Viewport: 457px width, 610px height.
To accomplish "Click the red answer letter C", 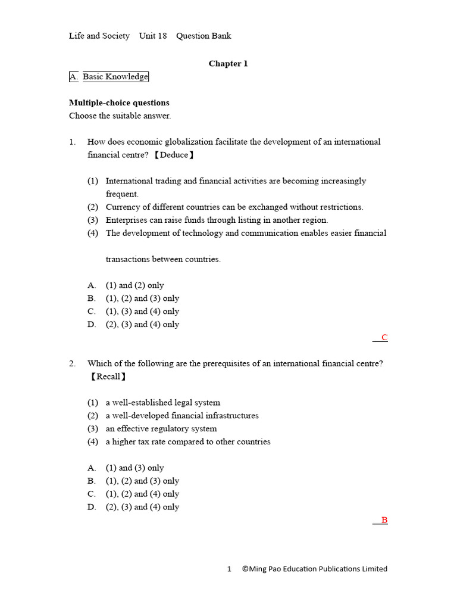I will pos(384,338).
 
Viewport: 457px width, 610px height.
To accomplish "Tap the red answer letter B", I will pos(384,520).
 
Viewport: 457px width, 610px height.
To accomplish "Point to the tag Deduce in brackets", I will pos(174,155).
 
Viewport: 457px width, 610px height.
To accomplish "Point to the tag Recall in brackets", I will pos(108,376).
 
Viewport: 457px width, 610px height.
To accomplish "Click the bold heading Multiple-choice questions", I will pos(119,103).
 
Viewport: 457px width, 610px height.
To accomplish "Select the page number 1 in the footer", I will pos(229,569).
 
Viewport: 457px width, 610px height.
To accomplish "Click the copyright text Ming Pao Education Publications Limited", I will pos(315,569).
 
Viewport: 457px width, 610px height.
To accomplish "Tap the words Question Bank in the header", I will pos(204,36).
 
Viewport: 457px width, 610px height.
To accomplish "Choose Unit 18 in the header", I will pos(153,36).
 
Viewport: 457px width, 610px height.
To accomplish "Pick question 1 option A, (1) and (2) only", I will pos(134,285).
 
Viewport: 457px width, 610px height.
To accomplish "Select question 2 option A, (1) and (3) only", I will pos(134,468).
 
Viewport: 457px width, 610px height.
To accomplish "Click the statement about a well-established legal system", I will pos(162,403).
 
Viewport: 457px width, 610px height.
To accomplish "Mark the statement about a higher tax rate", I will pos(188,442).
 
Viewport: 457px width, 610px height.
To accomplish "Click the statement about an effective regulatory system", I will pos(161,429).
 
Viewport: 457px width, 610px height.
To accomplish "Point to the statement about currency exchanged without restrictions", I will pos(234,207).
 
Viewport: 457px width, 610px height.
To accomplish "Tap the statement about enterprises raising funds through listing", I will pos(217,220).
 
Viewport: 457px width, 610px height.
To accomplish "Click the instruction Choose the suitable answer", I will pos(120,116).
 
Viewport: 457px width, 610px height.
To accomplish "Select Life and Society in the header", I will pos(99,36).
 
